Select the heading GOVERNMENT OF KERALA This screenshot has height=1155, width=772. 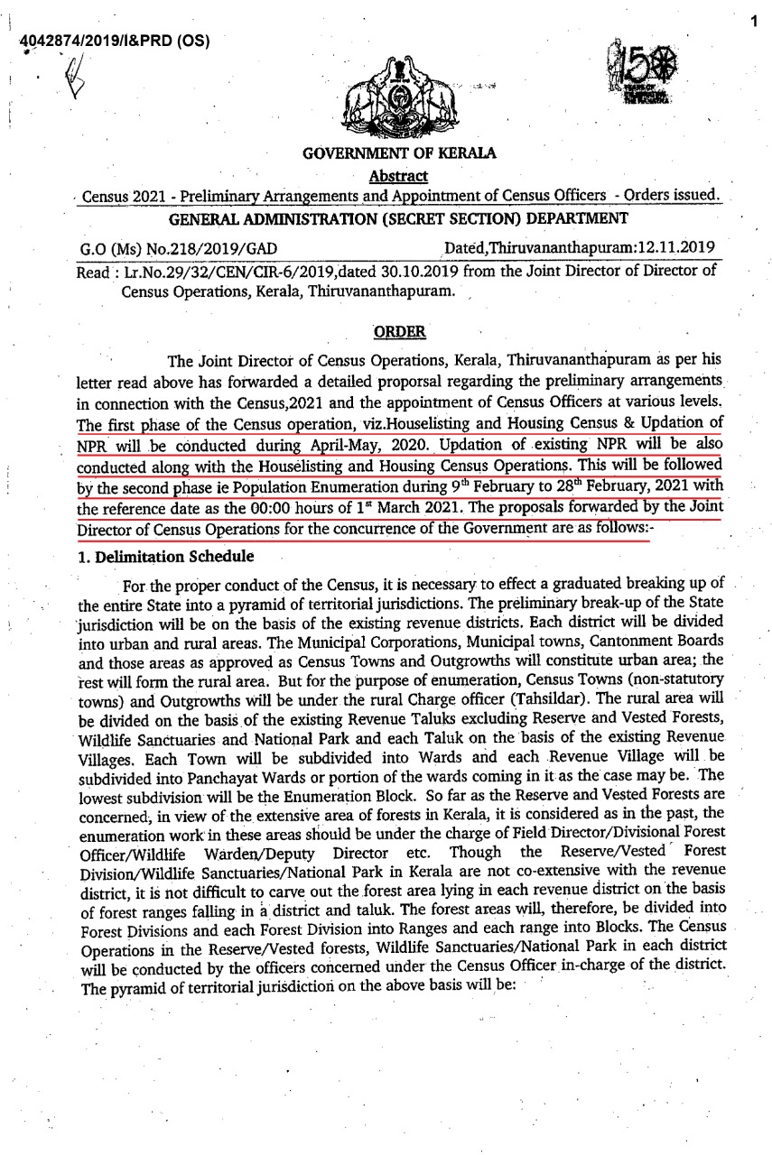(399, 154)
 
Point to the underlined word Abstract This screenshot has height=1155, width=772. (398, 175)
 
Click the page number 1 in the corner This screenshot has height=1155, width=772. (753, 16)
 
